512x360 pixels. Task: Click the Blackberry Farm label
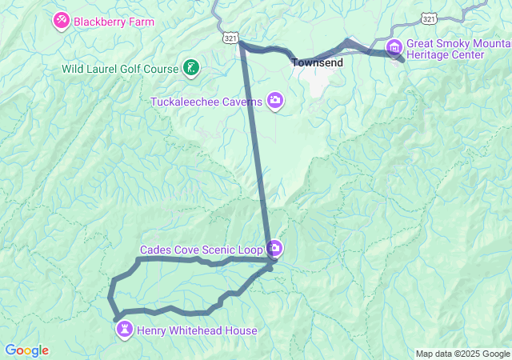114,22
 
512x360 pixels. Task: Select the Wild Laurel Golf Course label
119,69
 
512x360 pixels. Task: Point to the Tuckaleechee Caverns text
206,101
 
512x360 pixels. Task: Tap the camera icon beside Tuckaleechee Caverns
275,100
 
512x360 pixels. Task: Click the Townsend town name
317,62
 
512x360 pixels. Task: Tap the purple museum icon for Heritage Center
394,49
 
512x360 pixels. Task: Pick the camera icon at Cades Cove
274,248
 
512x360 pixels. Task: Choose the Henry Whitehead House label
197,330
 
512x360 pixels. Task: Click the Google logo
26,350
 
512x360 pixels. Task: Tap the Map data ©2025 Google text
462,354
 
